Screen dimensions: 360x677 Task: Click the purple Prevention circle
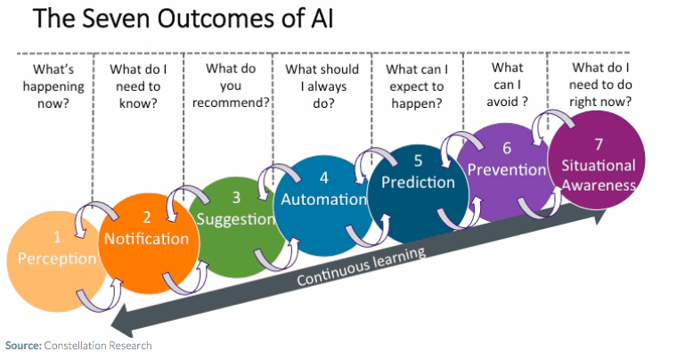pos(505,166)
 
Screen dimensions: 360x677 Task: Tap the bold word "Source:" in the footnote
pos(24,345)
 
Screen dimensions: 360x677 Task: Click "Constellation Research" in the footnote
pos(99,345)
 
